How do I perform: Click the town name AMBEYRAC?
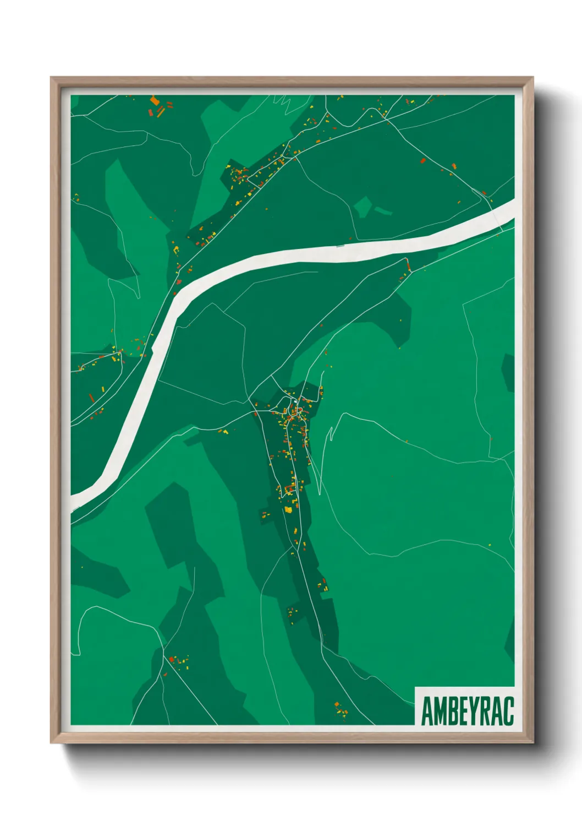pyautogui.click(x=467, y=711)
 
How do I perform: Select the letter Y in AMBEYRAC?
pyautogui.click(x=474, y=711)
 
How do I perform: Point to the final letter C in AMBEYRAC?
pyautogui.click(x=508, y=711)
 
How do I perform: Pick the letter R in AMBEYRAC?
pyautogui.click(x=485, y=711)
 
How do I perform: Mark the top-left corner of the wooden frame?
pyautogui.click(x=51, y=78)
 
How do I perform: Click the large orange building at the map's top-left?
pyautogui.click(x=155, y=101)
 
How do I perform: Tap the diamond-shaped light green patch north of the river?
pyautogui.click(x=363, y=207)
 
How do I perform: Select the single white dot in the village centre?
pyautogui.click(x=296, y=402)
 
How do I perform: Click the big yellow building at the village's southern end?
pyautogui.click(x=288, y=510)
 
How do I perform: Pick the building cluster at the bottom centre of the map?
pyautogui.click(x=341, y=710)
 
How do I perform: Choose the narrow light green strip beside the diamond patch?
pyautogui.click(x=383, y=211)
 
